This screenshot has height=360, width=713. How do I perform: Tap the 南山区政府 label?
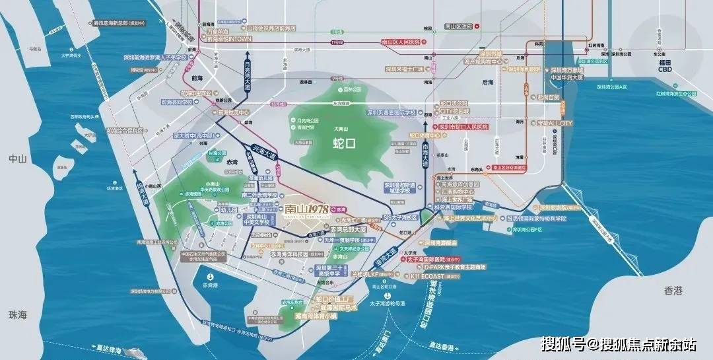(x=459, y=26)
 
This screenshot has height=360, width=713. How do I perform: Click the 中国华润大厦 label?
(x=568, y=77)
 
